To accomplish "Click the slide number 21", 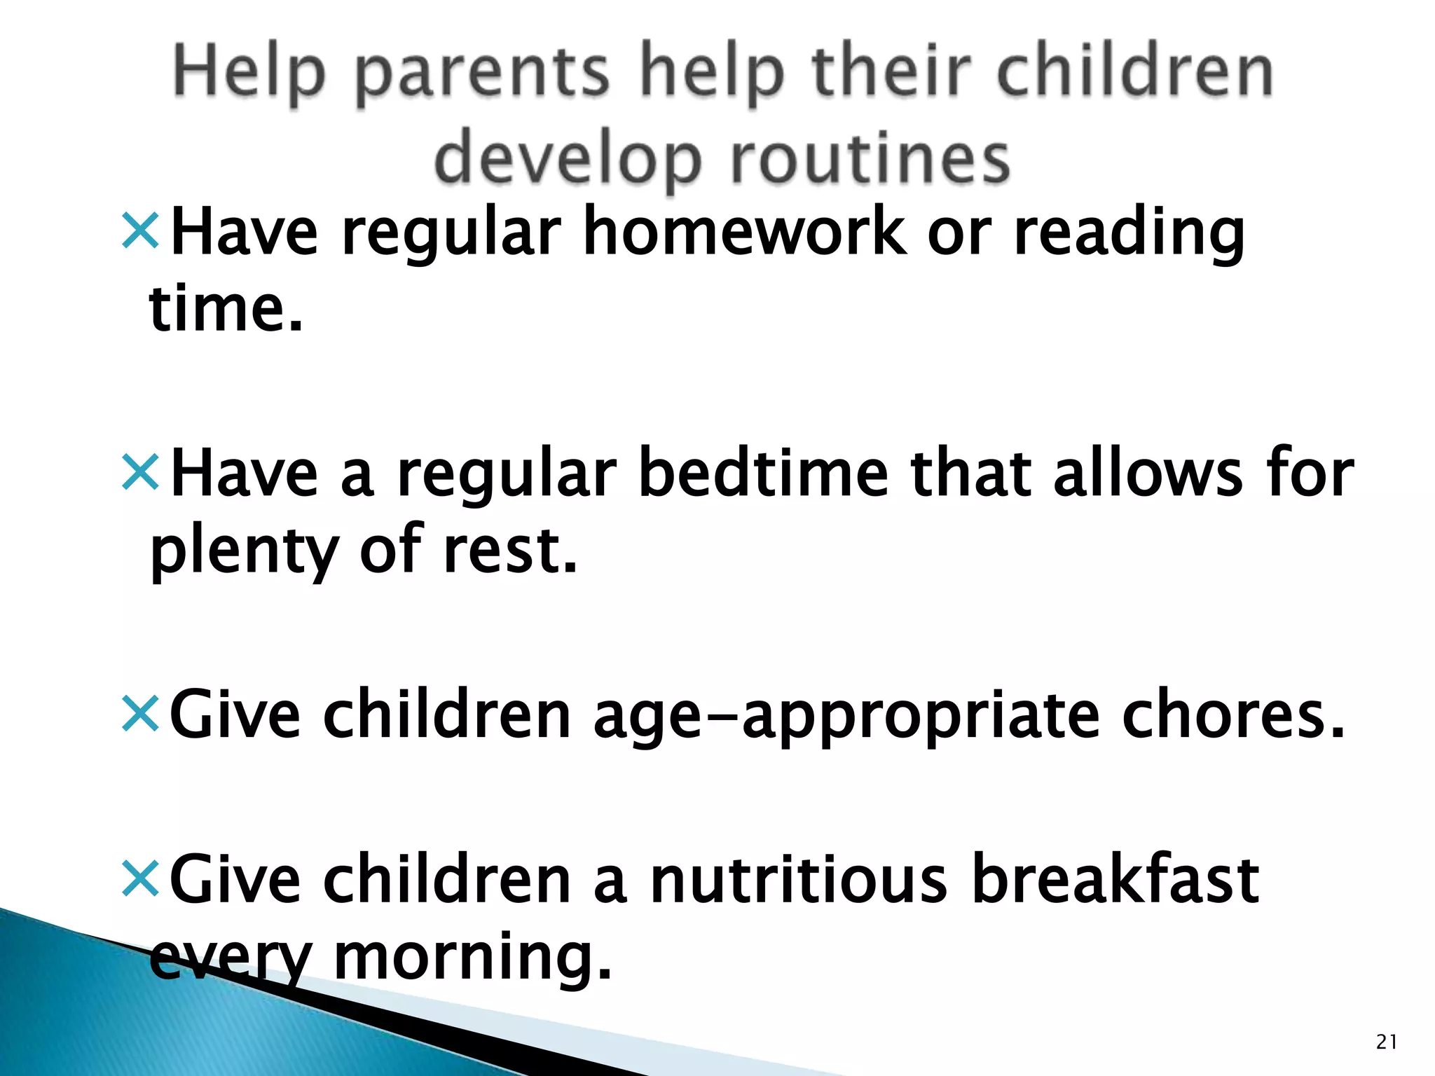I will point(1387,1042).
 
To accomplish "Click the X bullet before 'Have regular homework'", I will point(141,231).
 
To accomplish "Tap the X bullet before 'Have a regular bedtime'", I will point(141,472).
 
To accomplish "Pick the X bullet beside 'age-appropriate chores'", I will point(141,714).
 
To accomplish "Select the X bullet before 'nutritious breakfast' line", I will point(141,878).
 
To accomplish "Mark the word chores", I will point(1233,715).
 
